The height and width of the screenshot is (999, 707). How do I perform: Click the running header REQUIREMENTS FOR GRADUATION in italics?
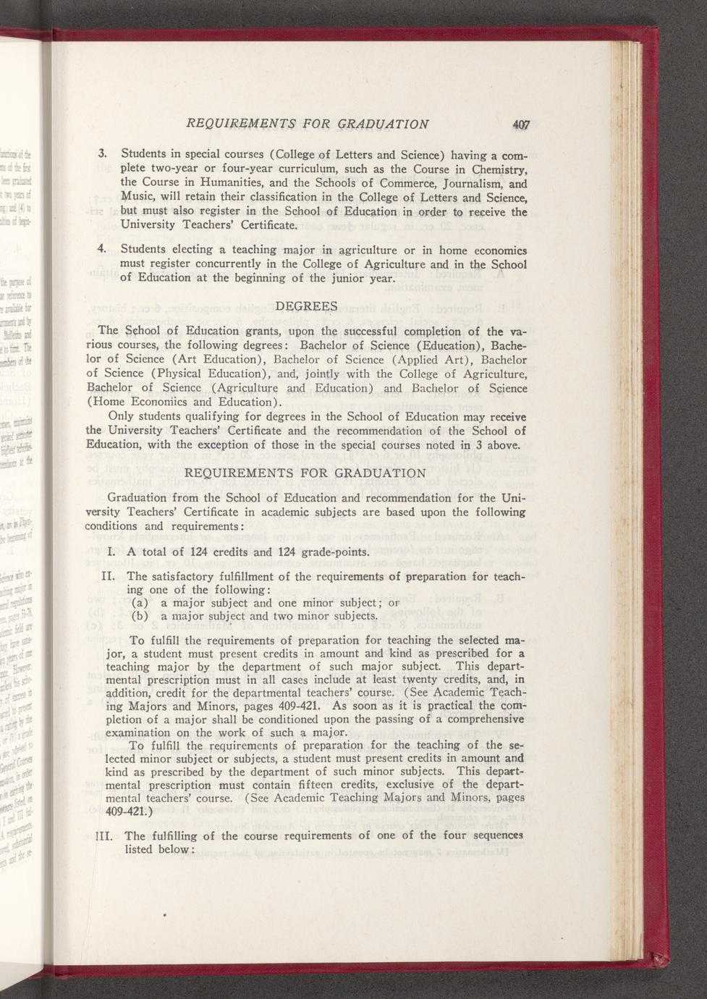308,124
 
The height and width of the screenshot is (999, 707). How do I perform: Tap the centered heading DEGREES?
306,305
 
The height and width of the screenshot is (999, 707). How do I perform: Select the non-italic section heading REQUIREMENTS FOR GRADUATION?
306,473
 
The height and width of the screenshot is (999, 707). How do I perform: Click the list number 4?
102,250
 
